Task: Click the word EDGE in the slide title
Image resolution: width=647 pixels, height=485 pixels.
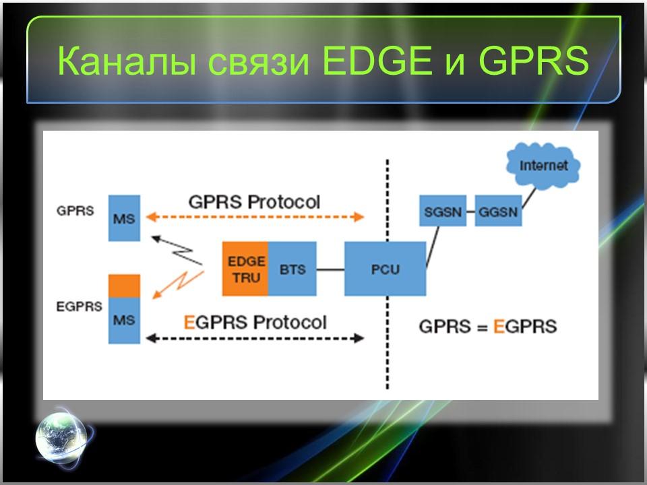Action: (377, 63)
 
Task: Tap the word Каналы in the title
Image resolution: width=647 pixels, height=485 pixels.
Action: (125, 63)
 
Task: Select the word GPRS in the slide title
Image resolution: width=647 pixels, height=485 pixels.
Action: (534, 63)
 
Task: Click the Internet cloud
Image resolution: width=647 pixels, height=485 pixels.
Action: (543, 166)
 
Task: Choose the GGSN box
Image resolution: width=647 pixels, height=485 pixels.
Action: (498, 212)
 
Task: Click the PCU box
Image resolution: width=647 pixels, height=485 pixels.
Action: (385, 269)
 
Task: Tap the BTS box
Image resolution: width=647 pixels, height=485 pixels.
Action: (292, 269)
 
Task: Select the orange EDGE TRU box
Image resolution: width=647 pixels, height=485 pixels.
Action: (245, 269)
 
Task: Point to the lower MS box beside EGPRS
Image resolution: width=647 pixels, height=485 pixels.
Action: (124, 321)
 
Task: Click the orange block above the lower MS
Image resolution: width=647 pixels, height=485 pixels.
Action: (124, 286)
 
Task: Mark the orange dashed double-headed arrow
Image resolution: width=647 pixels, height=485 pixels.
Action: (255, 217)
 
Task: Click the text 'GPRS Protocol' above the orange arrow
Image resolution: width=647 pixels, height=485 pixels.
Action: (254, 201)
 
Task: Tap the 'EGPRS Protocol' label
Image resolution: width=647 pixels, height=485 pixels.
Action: (255, 322)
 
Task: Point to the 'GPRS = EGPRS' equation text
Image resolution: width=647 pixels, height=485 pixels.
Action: (488, 327)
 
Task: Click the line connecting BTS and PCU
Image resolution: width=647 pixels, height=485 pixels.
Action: (330, 269)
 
